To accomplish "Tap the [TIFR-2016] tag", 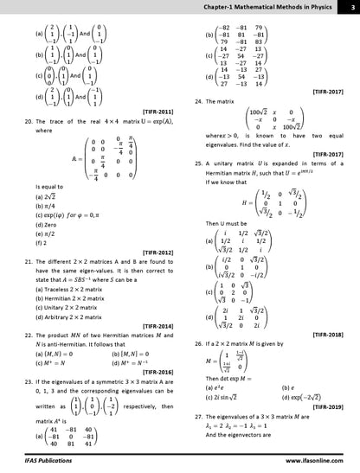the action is (154, 369).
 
